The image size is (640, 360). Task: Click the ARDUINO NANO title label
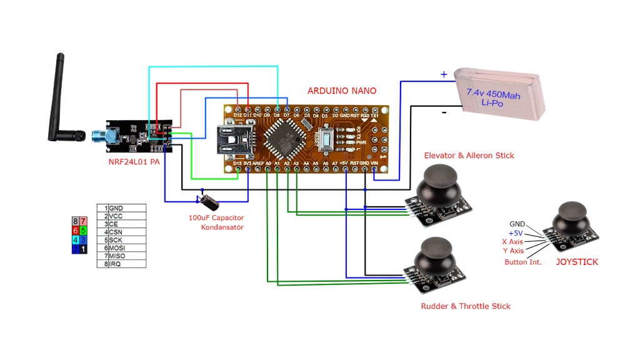(x=341, y=91)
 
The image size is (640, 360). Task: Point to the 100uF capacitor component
(x=210, y=200)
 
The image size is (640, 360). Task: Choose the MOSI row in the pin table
(x=122, y=248)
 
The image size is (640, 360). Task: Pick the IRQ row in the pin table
(x=122, y=264)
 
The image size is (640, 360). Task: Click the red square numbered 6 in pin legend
(x=76, y=231)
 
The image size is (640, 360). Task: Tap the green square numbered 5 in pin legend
(x=83, y=231)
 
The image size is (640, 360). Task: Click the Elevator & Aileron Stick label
(x=469, y=155)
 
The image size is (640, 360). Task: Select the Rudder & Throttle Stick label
(x=466, y=306)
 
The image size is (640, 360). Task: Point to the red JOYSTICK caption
(x=577, y=262)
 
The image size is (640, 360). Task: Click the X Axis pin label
(x=512, y=241)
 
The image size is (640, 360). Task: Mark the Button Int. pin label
(x=522, y=262)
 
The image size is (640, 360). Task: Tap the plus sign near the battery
(x=444, y=74)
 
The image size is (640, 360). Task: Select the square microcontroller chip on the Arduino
(x=284, y=138)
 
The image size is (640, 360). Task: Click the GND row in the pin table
(x=122, y=207)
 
